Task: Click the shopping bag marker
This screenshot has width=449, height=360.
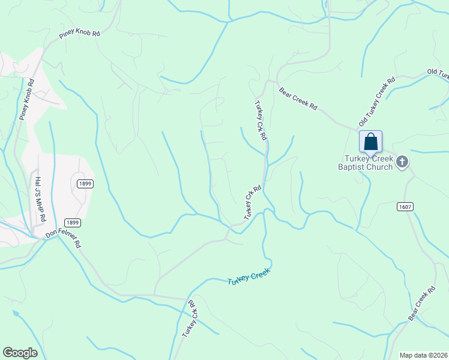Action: [371, 143]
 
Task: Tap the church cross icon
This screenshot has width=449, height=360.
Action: [403, 161]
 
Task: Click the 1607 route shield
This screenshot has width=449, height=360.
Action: [405, 206]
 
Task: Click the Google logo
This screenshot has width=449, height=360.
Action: [20, 353]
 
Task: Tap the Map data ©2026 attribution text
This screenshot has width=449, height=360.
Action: [423, 355]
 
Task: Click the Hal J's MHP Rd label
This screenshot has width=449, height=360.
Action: [39, 200]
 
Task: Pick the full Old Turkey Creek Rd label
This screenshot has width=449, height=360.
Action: [377, 101]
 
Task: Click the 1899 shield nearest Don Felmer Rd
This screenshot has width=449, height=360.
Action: [73, 222]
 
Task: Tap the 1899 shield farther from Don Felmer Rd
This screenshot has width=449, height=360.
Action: [85, 184]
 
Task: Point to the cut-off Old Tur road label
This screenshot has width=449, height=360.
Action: [438, 74]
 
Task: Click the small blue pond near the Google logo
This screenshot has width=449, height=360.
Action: [16, 313]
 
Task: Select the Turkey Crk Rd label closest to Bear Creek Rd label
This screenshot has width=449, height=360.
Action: [260, 120]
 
